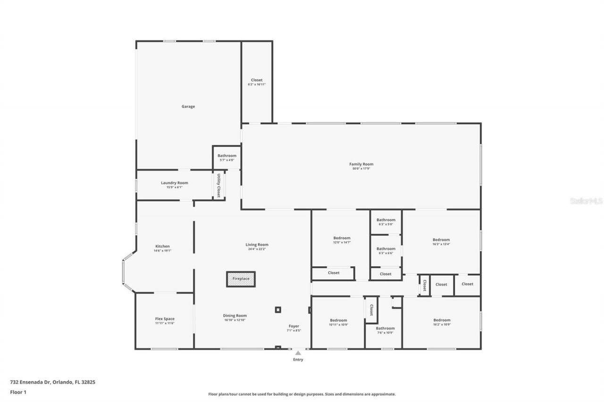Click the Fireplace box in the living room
pyautogui.click(x=241, y=279)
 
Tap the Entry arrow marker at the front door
pyautogui.click(x=298, y=353)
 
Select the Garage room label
pyautogui.click(x=188, y=107)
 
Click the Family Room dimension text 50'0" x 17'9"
pyautogui.click(x=361, y=168)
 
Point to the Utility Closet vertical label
pyautogui.click(x=219, y=185)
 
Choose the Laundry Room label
pyautogui.click(x=174, y=183)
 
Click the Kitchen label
pyautogui.click(x=162, y=246)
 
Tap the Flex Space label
pyautogui.click(x=165, y=319)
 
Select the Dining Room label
pyautogui.click(x=235, y=316)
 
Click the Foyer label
pyautogui.click(x=294, y=326)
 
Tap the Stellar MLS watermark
pyautogui.click(x=586, y=201)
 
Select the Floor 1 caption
pyautogui.click(x=18, y=392)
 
